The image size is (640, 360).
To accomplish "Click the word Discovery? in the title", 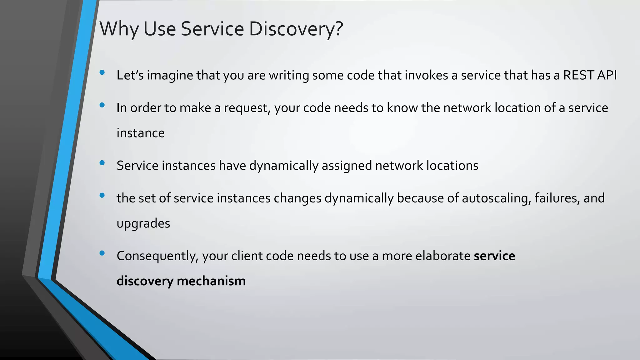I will point(296,29).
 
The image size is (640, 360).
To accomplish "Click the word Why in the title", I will point(119,29).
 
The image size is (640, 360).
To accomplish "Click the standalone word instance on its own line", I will point(140,133).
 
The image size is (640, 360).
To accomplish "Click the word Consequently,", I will point(157,256).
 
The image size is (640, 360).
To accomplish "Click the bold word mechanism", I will point(211,281).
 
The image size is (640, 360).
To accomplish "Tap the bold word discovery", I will point(145,281).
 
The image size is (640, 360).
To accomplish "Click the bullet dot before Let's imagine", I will point(102,72).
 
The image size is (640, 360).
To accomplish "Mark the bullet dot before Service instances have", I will point(102,163).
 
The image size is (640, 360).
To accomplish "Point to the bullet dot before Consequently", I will point(102,253).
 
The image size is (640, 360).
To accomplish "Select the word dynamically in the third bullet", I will point(283,166).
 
